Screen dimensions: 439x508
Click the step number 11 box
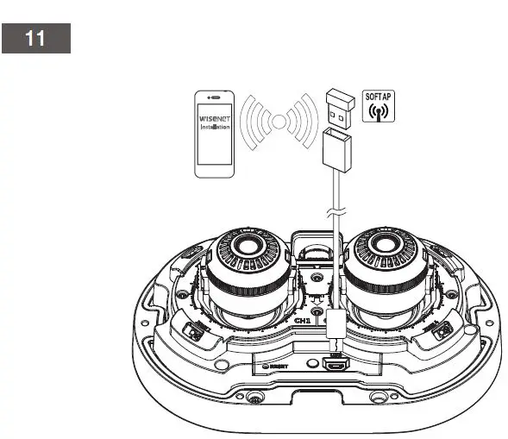pos(35,40)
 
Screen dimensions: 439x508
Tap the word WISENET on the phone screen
pos(214,119)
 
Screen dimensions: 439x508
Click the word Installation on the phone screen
pos(214,128)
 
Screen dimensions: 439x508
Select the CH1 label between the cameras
pos(302,320)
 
